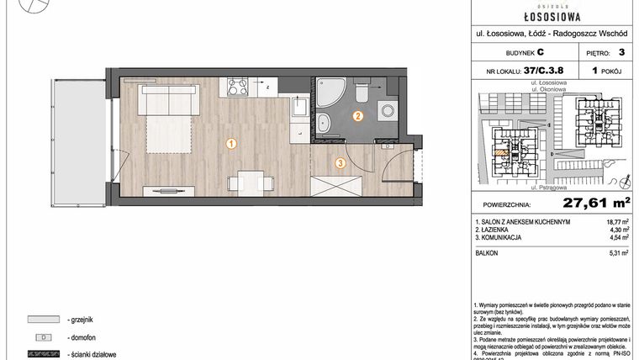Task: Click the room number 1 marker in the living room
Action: (x=230, y=144)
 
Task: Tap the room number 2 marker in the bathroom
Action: (x=358, y=117)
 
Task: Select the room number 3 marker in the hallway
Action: (x=340, y=163)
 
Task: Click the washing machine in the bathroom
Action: (x=387, y=110)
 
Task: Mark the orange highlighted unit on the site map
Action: (x=503, y=155)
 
